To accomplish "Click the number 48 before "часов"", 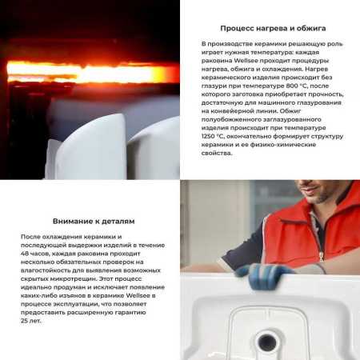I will [25, 254].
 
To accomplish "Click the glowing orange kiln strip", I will [88, 74].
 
